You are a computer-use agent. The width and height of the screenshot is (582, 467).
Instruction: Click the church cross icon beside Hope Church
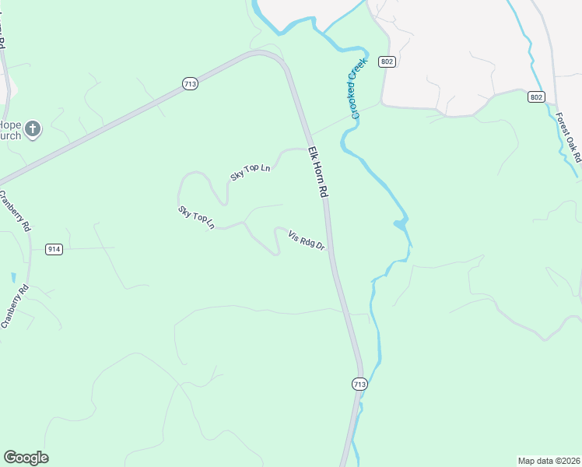click(x=32, y=128)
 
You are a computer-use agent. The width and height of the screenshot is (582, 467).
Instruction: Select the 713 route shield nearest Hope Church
click(x=190, y=83)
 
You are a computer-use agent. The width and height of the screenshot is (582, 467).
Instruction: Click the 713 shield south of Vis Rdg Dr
click(x=359, y=384)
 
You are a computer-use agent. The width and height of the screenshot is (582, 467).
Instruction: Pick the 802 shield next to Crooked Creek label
click(x=386, y=61)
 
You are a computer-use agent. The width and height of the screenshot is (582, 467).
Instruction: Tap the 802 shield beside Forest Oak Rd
click(x=535, y=97)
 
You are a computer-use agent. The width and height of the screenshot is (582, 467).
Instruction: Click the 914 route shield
click(x=54, y=249)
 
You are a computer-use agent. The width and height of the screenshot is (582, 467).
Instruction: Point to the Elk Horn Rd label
click(x=318, y=172)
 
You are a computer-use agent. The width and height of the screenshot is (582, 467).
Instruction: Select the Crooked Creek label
click(x=356, y=92)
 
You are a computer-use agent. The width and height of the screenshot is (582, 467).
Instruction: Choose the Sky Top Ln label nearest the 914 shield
click(x=196, y=219)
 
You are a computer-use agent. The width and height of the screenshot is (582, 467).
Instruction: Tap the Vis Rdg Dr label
click(x=306, y=241)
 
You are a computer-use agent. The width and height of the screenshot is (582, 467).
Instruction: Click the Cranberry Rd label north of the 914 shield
click(x=15, y=211)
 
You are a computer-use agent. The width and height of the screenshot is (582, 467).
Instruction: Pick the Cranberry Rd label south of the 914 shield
click(x=15, y=306)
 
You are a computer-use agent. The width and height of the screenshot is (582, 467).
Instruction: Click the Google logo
click(x=26, y=458)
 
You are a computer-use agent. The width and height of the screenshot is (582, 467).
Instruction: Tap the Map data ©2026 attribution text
click(x=549, y=461)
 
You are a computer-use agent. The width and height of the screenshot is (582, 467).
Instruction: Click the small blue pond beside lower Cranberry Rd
click(x=13, y=277)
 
